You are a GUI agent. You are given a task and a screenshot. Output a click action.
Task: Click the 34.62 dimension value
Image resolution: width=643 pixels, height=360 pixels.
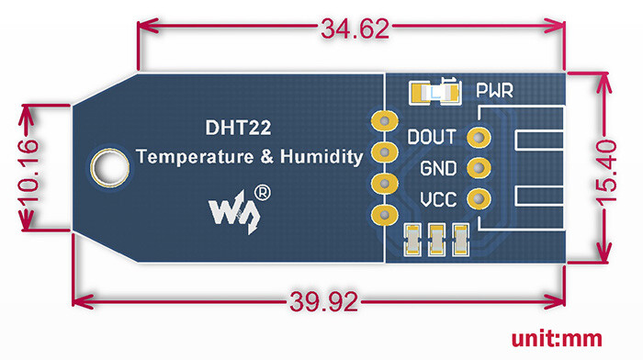click(x=355, y=28)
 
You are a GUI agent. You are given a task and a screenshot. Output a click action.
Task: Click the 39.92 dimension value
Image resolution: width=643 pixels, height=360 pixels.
click(x=324, y=302)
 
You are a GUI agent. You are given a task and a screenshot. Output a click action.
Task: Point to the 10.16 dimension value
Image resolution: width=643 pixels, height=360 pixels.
click(x=28, y=170)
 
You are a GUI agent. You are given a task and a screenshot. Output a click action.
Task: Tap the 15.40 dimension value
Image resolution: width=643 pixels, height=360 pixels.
click(x=606, y=172)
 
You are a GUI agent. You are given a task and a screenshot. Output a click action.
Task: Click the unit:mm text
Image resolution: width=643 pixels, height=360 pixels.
click(x=557, y=339)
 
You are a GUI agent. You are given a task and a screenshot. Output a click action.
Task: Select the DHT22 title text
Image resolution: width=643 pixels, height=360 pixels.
click(x=238, y=128)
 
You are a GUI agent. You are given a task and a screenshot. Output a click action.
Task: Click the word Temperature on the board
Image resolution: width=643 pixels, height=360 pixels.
click(x=195, y=157)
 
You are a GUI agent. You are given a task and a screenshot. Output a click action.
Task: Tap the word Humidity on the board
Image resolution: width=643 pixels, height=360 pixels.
click(x=321, y=157)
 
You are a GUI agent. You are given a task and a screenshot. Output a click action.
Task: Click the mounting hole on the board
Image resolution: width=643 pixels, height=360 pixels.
click(x=110, y=168)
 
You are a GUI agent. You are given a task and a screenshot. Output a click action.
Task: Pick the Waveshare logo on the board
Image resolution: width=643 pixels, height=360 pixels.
click(x=234, y=212)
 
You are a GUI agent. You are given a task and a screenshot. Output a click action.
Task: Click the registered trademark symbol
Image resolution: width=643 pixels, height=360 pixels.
click(x=263, y=193)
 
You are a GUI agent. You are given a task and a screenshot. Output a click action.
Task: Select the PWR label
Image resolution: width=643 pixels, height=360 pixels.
click(x=494, y=91)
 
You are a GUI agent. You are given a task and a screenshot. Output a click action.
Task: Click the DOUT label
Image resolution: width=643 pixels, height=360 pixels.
click(x=432, y=137)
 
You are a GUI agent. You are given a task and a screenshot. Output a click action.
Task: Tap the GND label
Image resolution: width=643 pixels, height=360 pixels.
click(x=438, y=168)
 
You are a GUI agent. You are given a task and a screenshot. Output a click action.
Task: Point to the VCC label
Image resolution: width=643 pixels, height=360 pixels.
click(x=438, y=200)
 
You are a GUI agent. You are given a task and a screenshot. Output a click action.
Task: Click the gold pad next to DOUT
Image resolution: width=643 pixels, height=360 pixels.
click(x=479, y=137)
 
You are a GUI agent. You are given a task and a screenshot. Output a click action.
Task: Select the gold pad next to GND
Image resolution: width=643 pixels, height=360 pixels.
click(x=479, y=168)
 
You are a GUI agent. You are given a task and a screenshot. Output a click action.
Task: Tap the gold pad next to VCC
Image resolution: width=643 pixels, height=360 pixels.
click(x=479, y=199)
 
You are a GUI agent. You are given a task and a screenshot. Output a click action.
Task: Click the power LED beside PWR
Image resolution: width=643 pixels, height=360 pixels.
click(x=435, y=92)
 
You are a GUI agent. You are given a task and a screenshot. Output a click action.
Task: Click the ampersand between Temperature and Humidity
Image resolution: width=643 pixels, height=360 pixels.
click(x=267, y=157)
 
